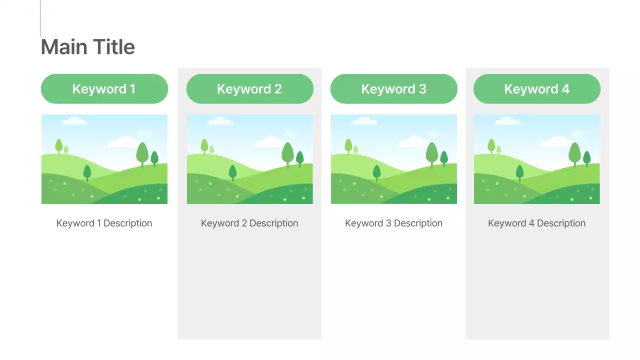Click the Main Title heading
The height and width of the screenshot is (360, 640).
[x=87, y=47]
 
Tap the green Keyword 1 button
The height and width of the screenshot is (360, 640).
[x=104, y=89]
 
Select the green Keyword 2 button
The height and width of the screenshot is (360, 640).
[x=249, y=89]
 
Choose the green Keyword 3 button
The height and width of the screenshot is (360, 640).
[x=393, y=89]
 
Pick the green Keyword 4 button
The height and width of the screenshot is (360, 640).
[x=536, y=89]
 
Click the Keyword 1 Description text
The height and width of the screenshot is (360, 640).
[x=104, y=223]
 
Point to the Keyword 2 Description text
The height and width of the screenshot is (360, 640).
[x=249, y=223]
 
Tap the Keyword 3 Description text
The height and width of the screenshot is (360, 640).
[x=393, y=223]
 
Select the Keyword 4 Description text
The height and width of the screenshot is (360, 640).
[x=536, y=223]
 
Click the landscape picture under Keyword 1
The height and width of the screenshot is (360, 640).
[x=104, y=159]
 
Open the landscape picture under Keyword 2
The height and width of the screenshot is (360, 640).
[x=249, y=159]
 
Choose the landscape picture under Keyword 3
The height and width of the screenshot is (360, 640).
[x=393, y=159]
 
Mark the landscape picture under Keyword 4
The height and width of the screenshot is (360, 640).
[x=536, y=159]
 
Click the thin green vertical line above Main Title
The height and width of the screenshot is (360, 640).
[x=40, y=18]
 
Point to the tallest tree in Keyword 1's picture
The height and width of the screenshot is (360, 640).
[x=142, y=153]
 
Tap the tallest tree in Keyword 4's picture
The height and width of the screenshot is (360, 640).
[x=574, y=153]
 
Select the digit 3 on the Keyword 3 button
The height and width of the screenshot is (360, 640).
[x=422, y=89]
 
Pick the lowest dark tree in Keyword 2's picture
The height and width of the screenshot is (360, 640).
[x=232, y=172]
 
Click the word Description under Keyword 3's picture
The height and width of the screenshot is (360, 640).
[x=418, y=223]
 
